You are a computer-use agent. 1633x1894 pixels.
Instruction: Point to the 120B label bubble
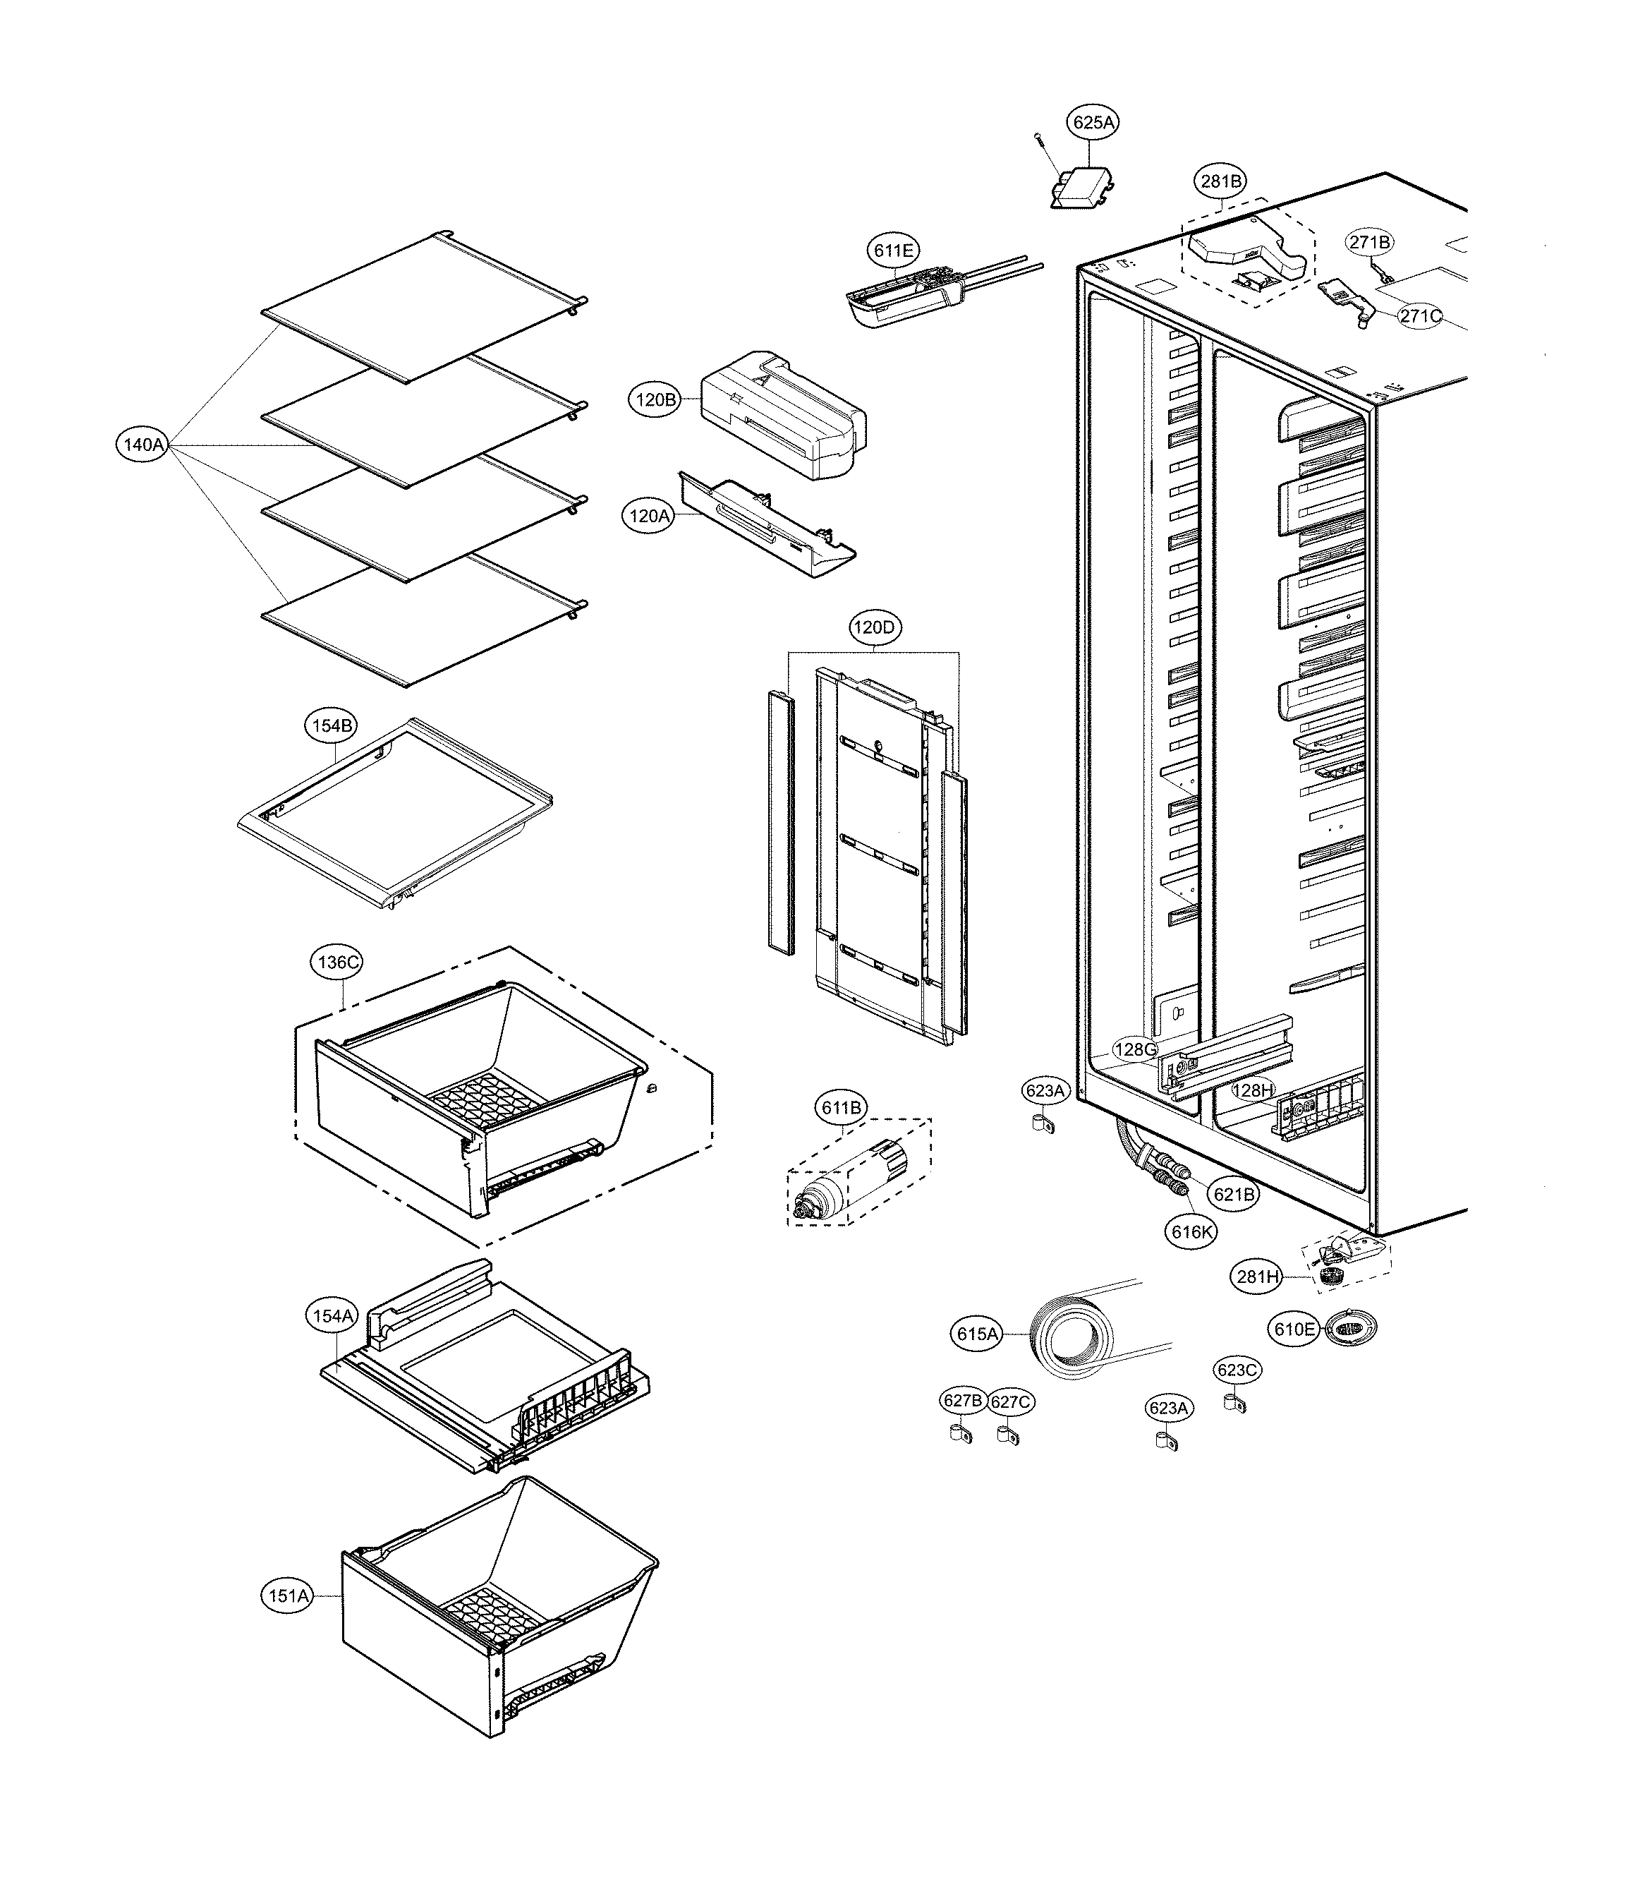[656, 399]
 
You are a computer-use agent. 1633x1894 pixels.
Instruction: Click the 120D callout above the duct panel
[873, 627]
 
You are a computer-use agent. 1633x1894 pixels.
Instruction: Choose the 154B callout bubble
[331, 726]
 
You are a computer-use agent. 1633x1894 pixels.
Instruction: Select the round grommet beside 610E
[1349, 1327]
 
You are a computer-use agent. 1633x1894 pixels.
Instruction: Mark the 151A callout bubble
[287, 1596]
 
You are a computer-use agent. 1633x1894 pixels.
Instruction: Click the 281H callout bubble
[1258, 1277]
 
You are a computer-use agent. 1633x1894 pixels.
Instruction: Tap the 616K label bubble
[1191, 1231]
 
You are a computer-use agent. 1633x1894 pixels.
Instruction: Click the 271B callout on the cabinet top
[1369, 241]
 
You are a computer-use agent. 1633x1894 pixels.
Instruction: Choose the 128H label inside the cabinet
[1252, 1090]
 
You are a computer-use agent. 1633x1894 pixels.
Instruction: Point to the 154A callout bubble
[332, 1316]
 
